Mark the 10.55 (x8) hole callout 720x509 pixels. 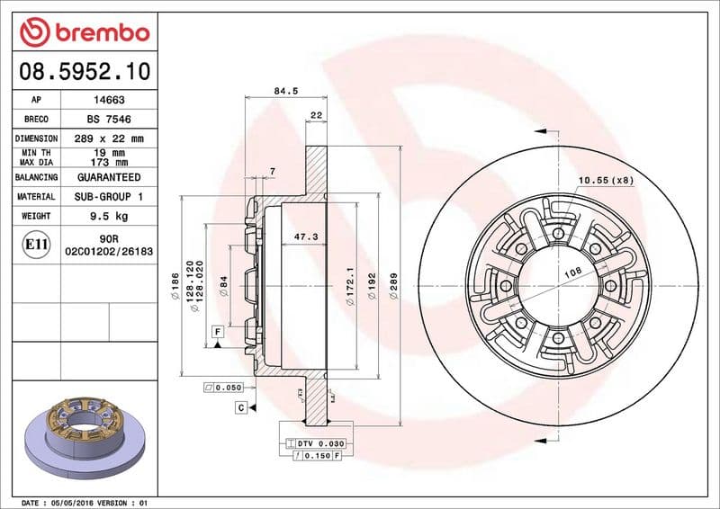pos(605,180)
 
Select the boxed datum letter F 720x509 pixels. pos(218,332)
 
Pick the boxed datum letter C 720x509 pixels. pos(241,407)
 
